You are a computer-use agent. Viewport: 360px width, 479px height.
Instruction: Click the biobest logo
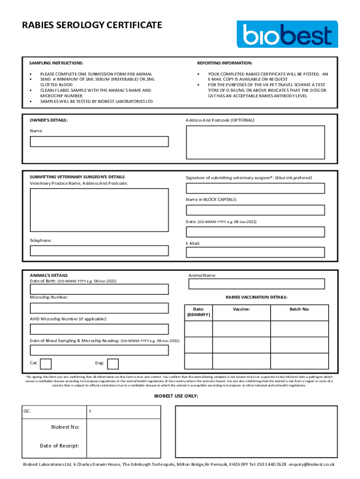(x=287, y=34)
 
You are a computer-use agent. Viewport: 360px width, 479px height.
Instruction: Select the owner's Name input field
(x=99, y=141)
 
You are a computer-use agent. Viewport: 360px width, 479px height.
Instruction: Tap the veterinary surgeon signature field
(x=255, y=188)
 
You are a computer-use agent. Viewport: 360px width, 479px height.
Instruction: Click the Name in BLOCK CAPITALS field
(x=255, y=210)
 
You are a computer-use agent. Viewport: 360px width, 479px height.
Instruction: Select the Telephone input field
(x=99, y=251)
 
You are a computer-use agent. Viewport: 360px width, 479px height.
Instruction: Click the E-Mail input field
(x=255, y=253)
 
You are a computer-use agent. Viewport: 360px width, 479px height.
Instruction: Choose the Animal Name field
(x=255, y=284)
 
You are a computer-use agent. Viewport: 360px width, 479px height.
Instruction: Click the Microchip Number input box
(x=99, y=308)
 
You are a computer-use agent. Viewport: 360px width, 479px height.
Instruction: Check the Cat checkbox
(x=46, y=363)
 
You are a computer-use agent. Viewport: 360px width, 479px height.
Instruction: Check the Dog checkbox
(x=113, y=363)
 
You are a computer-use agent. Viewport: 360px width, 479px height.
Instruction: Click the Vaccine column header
(x=241, y=309)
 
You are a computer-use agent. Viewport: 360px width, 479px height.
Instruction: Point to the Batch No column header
(x=299, y=309)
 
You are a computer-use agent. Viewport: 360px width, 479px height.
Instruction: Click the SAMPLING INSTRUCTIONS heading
(x=57, y=63)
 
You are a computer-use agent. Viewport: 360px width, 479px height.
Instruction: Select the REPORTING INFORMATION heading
(x=224, y=63)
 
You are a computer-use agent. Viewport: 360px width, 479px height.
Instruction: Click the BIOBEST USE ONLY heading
(x=176, y=396)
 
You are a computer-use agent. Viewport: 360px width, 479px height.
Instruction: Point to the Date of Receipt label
(x=59, y=446)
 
